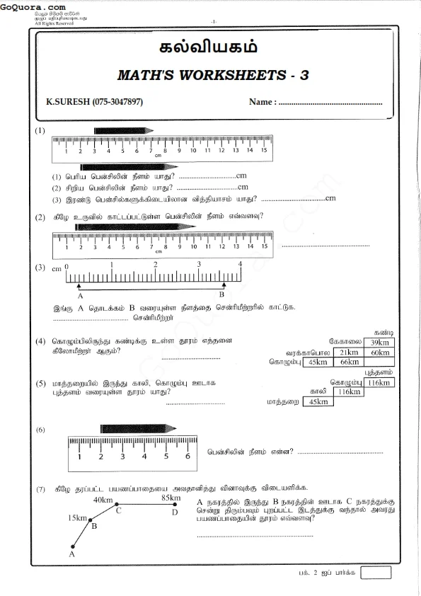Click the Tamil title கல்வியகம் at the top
point(210,48)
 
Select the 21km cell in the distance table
point(348,352)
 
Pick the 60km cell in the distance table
point(379,352)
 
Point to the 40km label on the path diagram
point(103,500)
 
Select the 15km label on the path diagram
point(78,518)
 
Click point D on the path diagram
point(175,511)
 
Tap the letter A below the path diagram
point(71,556)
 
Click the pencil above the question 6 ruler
point(137,429)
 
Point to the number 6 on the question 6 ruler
point(188,456)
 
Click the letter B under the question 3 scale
point(221,294)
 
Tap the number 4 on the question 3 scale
point(240,263)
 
